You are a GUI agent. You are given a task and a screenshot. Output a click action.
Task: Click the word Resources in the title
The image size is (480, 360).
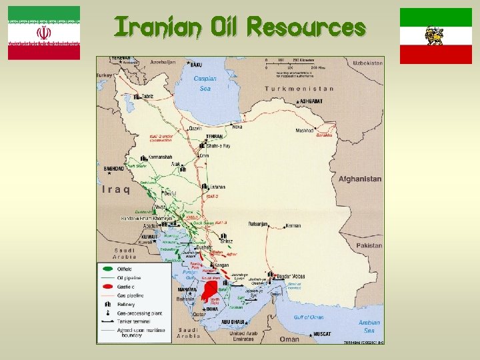(x=306, y=28)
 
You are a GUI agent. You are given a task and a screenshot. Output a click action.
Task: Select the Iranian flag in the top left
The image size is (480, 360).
(x=44, y=33)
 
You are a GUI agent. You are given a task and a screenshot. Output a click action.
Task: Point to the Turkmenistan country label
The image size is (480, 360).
(x=299, y=89)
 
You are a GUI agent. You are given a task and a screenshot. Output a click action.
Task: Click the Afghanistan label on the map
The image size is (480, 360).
(x=360, y=179)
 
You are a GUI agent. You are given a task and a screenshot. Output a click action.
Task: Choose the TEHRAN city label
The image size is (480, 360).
(x=214, y=136)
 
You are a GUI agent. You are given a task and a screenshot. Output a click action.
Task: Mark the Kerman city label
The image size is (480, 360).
(x=293, y=225)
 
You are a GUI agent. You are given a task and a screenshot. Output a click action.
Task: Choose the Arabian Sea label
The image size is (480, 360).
(x=369, y=326)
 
